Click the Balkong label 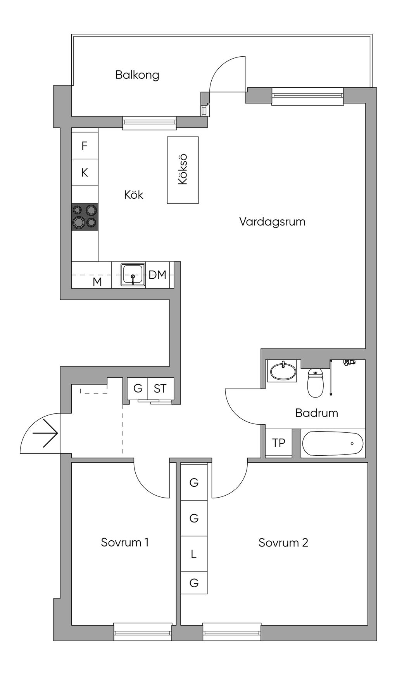(x=137, y=75)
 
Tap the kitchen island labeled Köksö (x=183, y=170)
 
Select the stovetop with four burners (x=85, y=217)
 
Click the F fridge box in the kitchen (x=85, y=146)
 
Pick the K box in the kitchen (x=85, y=172)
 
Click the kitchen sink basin (x=133, y=275)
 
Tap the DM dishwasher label (x=158, y=275)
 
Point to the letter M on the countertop (x=97, y=282)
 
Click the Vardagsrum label (x=272, y=222)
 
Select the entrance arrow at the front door (x=46, y=433)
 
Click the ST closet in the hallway (x=160, y=389)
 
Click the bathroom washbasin (x=283, y=371)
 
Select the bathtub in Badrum (x=333, y=443)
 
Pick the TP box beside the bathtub (x=279, y=443)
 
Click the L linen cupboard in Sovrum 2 (x=194, y=554)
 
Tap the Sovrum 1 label (x=124, y=542)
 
